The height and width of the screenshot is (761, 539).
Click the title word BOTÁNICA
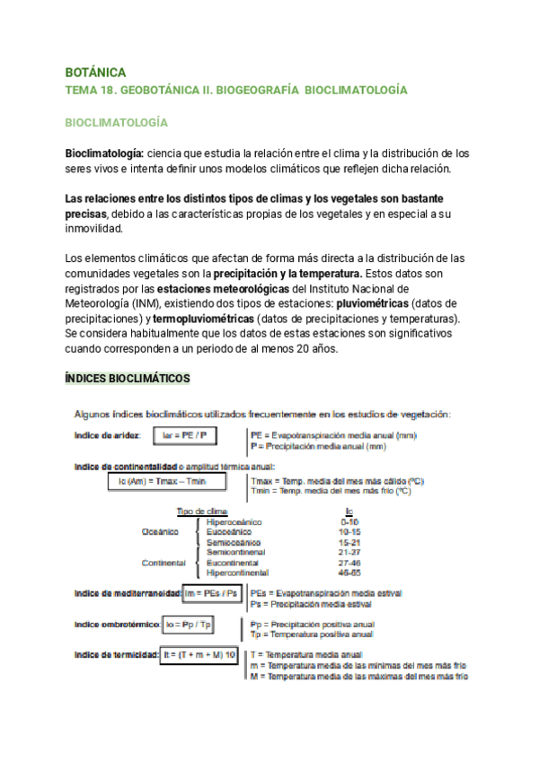coord(95,72)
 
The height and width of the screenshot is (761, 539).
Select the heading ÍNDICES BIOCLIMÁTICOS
coord(127,380)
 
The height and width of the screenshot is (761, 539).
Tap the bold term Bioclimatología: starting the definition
coord(105,153)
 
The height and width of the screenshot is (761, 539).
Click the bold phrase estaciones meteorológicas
coord(224,289)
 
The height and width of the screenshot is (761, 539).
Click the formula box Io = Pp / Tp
coord(188,624)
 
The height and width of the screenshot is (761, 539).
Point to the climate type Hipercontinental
coord(239,573)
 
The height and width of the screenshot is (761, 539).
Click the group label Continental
coord(163,563)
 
